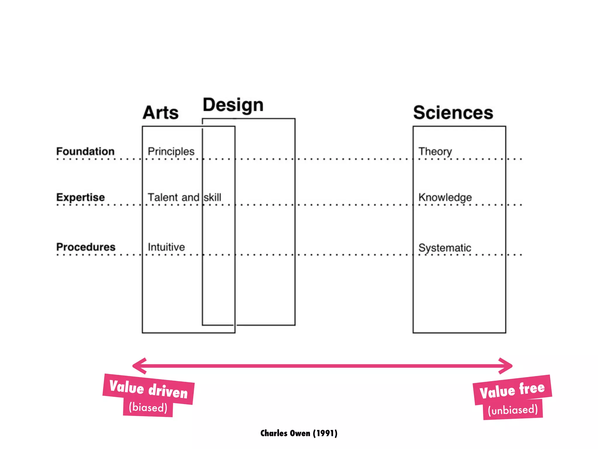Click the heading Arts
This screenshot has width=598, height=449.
pyautogui.click(x=161, y=113)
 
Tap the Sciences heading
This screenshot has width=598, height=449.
pyautogui.click(x=453, y=113)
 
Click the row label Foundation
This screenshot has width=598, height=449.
pyautogui.click(x=85, y=151)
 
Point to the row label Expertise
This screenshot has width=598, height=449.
pyautogui.click(x=81, y=197)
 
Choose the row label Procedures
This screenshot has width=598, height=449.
pyautogui.click(x=86, y=247)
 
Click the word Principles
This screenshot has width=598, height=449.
pyautogui.click(x=171, y=151)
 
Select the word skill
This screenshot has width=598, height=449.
pyautogui.click(x=213, y=197)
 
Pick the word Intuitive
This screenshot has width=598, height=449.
pyautogui.click(x=166, y=247)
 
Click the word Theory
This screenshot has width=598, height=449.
pyautogui.click(x=435, y=152)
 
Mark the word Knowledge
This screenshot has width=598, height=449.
pyautogui.click(x=445, y=198)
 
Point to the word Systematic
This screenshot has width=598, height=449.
pyautogui.click(x=445, y=248)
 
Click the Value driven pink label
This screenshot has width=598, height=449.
pyautogui.click(x=149, y=389)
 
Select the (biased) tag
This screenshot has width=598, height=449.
pyautogui.click(x=148, y=407)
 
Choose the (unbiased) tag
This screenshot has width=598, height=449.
pyautogui.click(x=513, y=410)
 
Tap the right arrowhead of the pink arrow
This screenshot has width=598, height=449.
pyautogui.click(x=506, y=366)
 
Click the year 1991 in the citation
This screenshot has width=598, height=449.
pyautogui.click(x=325, y=433)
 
